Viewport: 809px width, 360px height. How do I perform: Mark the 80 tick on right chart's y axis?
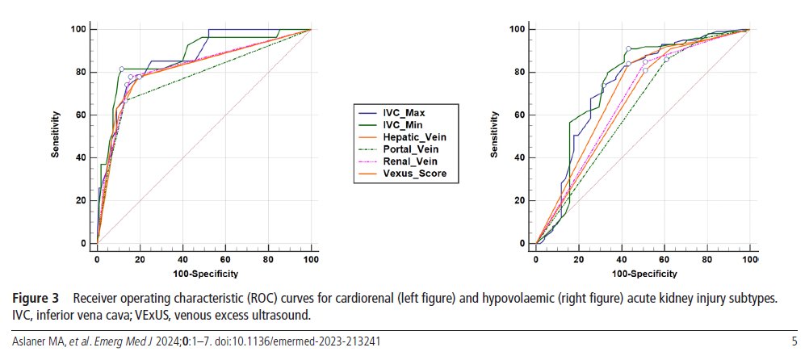click(520, 72)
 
